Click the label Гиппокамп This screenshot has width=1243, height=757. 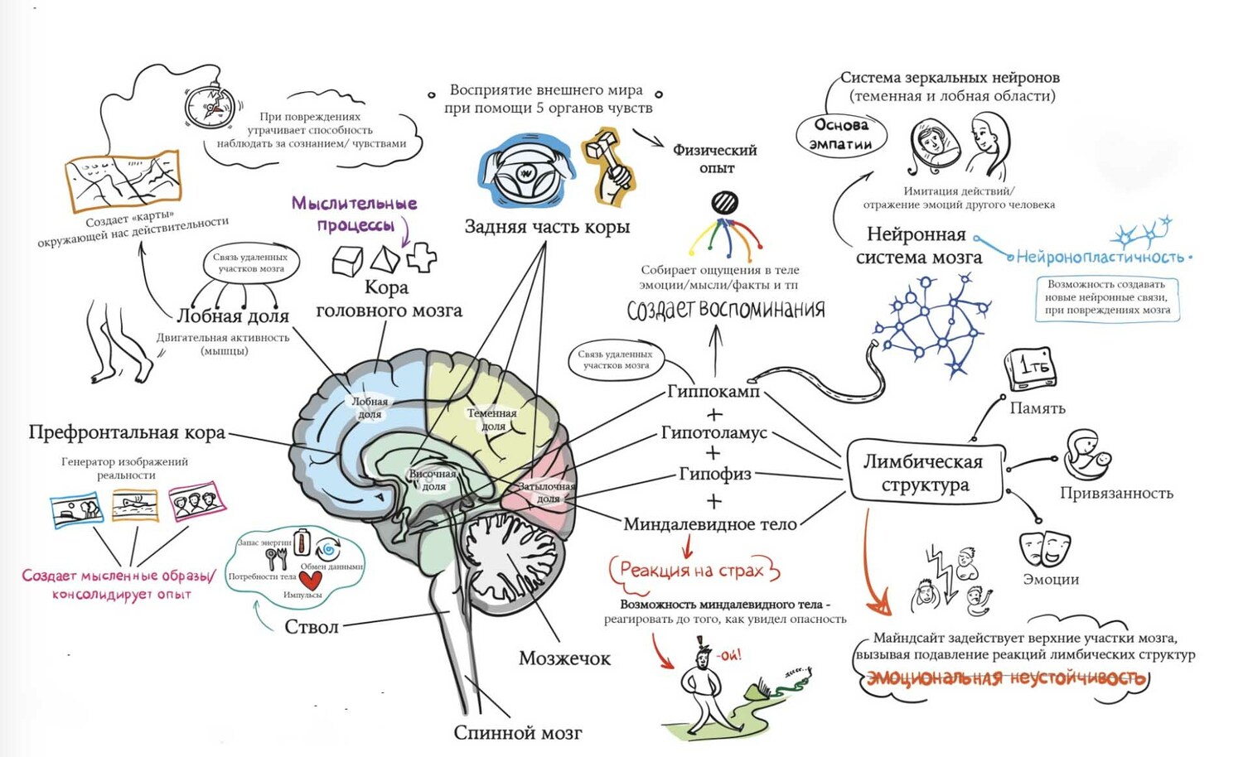(713, 392)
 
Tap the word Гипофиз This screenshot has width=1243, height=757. (714, 474)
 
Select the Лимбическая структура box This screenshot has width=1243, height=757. (923, 473)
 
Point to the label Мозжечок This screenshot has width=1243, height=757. (564, 658)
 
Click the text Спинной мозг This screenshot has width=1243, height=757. (517, 733)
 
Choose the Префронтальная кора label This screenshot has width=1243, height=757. (127, 432)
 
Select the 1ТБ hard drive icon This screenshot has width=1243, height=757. (1030, 369)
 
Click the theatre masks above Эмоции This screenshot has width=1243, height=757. (1045, 547)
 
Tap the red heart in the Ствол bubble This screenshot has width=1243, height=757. (310, 581)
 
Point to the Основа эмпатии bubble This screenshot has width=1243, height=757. (840, 134)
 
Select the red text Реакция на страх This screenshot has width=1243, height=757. (691, 571)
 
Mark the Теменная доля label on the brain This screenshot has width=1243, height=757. (491, 419)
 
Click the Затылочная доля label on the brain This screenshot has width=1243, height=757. (547, 493)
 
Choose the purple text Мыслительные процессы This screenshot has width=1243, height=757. (354, 214)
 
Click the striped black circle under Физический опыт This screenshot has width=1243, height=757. (724, 202)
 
